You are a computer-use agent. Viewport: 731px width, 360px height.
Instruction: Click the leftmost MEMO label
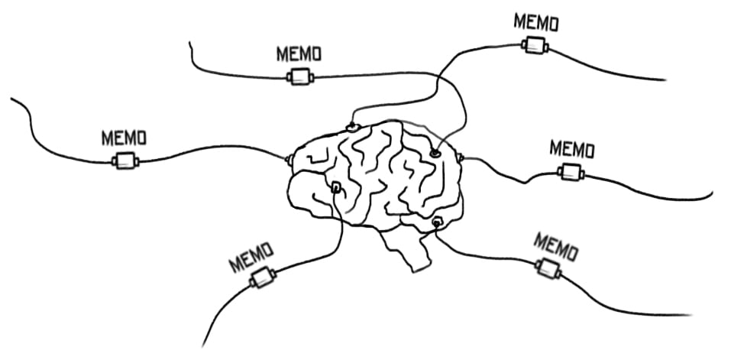click(x=124, y=138)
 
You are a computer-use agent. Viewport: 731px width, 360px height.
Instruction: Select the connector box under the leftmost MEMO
click(x=125, y=161)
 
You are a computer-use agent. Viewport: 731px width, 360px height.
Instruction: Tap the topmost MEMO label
click(x=535, y=21)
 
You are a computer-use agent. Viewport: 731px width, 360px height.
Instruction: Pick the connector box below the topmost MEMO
click(x=535, y=45)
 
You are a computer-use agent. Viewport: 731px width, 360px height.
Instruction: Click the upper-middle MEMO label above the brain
click(x=298, y=54)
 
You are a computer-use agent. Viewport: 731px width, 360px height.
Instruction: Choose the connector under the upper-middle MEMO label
click(x=299, y=76)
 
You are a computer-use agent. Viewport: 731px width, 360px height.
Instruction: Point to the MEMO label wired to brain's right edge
click(x=571, y=148)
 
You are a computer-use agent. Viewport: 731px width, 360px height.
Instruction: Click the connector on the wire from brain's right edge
click(x=571, y=172)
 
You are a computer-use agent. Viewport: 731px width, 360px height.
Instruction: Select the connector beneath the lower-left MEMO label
click(x=262, y=278)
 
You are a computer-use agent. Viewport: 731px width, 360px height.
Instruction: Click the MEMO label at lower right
click(x=555, y=246)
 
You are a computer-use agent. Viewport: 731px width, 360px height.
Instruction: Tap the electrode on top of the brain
click(x=352, y=126)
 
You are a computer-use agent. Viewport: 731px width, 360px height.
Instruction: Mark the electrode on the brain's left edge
click(x=289, y=159)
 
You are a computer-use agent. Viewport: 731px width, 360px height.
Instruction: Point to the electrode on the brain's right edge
click(x=461, y=157)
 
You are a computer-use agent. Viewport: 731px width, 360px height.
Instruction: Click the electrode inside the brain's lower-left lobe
click(x=335, y=186)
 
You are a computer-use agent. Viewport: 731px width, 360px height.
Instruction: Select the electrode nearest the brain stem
click(x=437, y=222)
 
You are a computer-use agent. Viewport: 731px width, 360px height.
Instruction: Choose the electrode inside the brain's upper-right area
click(x=435, y=153)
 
